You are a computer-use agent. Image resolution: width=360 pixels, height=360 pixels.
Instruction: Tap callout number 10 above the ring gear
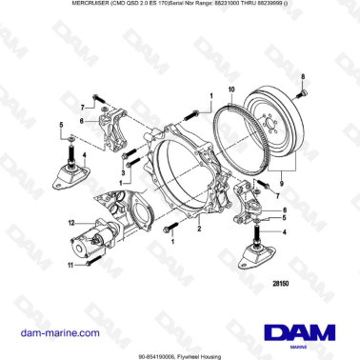[230, 89]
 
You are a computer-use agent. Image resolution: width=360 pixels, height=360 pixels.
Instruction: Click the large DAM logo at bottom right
[297, 333]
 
